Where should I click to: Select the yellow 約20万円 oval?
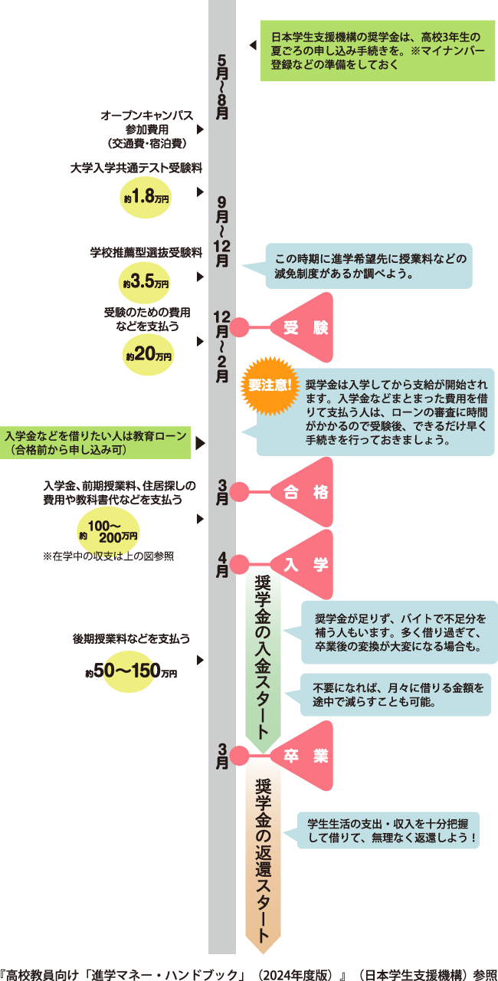[149, 356]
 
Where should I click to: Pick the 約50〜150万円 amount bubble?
[131, 672]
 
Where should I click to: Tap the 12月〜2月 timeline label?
[222, 346]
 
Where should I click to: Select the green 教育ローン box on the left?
[97, 443]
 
